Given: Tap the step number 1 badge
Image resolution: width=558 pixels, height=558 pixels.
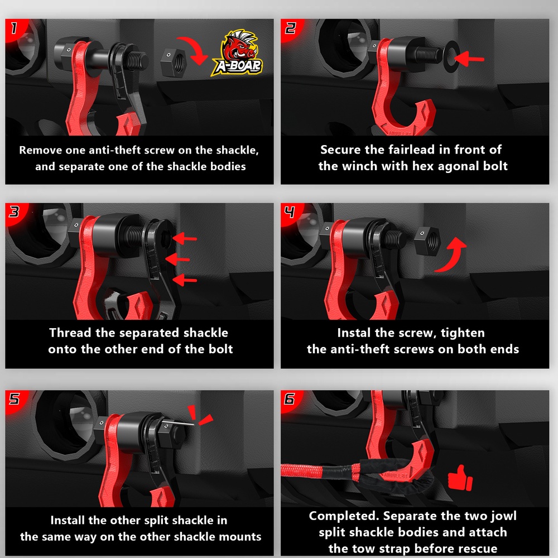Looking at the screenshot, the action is [14, 28].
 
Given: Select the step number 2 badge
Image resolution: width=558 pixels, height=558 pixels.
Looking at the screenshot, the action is [290, 28].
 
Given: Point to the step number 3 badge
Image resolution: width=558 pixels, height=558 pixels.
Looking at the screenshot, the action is [15, 211].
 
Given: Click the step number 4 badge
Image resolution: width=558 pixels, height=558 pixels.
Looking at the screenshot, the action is [290, 212].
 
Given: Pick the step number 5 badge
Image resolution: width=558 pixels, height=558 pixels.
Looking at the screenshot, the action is [15, 399].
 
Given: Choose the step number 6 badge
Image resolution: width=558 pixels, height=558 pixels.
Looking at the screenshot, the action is [290, 399].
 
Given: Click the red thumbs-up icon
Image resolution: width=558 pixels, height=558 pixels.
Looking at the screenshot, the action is [460, 478].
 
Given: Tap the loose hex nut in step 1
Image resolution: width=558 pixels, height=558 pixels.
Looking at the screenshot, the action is [174, 64].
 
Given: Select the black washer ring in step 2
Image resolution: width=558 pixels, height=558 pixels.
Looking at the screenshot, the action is [452, 56].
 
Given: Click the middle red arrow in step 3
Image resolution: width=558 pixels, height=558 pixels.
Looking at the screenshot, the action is [177, 259].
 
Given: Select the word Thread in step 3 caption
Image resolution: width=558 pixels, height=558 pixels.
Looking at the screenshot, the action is [70, 333].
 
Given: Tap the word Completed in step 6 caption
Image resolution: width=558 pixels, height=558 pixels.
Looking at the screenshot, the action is [344, 516].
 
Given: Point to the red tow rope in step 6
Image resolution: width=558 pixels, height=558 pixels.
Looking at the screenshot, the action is [320, 471].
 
